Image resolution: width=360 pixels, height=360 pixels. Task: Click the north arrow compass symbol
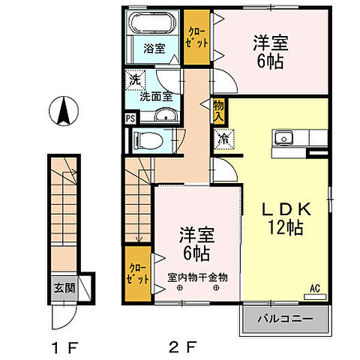coord(63,114)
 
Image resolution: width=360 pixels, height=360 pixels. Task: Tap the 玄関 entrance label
coord(61,287)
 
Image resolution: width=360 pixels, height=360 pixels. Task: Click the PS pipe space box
coord(130,118)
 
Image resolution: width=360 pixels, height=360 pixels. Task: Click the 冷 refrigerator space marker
coord(223,139)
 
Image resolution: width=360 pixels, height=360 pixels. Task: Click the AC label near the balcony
coord(315,286)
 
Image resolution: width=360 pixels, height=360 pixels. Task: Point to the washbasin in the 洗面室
coord(164,115)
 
